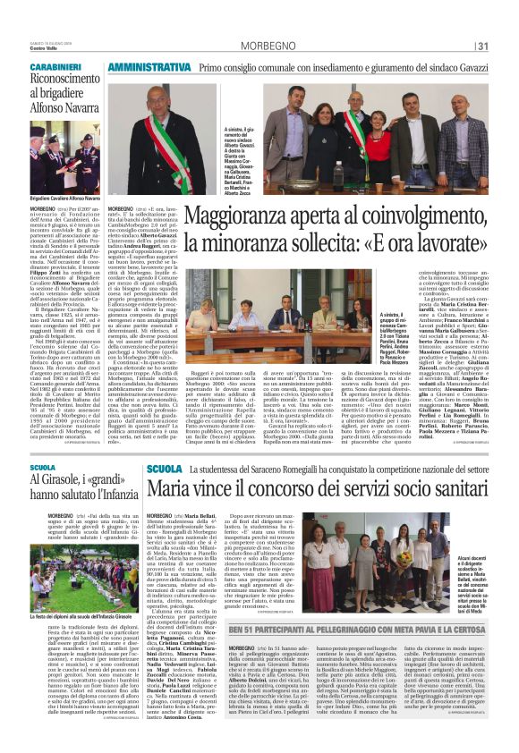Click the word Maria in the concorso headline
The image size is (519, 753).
170,490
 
